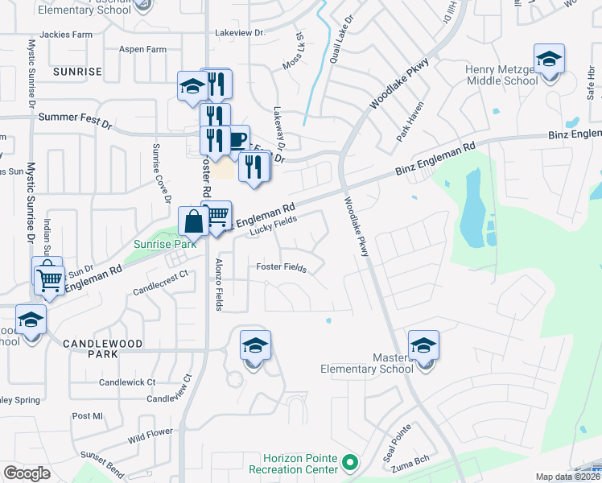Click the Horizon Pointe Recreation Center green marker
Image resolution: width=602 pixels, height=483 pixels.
(x=349, y=463)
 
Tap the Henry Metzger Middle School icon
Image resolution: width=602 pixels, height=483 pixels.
(x=550, y=60)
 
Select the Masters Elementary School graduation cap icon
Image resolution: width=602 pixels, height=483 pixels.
(x=423, y=346)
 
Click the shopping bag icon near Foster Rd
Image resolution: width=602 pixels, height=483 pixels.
(x=194, y=221)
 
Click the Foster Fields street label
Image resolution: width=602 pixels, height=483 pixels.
(x=281, y=267)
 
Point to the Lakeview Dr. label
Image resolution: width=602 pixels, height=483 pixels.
(x=239, y=33)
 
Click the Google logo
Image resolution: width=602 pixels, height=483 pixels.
(x=27, y=473)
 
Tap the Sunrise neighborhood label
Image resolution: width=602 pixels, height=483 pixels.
(x=77, y=72)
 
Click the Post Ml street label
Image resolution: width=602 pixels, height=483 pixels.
(x=88, y=416)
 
